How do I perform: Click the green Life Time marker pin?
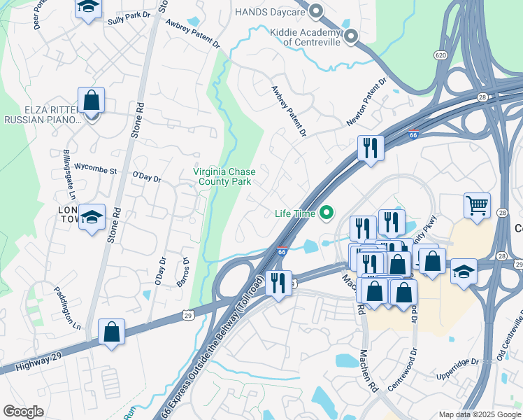(327, 213)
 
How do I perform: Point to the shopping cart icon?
(477, 206)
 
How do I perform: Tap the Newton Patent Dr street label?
(366, 102)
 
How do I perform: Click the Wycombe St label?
(96, 169)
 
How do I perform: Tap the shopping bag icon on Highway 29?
(111, 331)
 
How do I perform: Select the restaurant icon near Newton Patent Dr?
(368, 148)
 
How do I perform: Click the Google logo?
(23, 412)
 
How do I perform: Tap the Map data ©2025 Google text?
(479, 414)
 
